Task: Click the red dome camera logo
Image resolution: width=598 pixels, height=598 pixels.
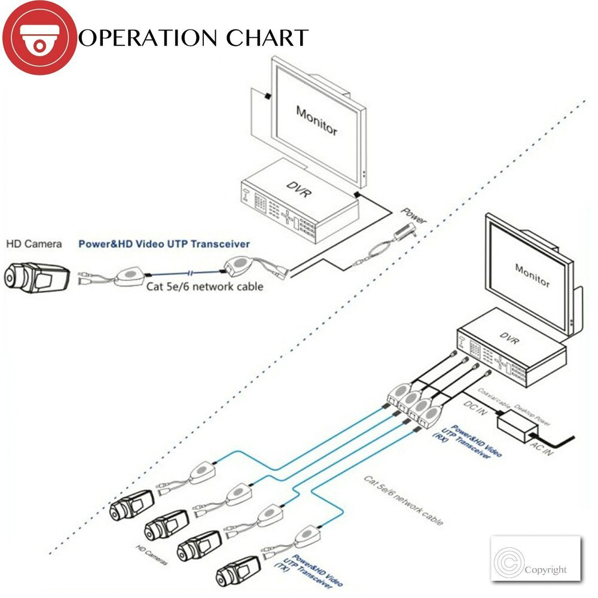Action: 39,38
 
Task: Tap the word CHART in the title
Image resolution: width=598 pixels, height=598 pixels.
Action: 267,38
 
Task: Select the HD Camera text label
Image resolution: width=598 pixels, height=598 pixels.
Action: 34,244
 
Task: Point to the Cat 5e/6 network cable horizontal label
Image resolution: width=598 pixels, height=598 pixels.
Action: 205,286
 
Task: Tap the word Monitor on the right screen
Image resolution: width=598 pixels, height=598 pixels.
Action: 532,274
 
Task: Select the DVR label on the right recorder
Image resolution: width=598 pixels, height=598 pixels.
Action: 510,341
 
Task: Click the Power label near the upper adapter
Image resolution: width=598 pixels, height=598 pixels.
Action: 413,215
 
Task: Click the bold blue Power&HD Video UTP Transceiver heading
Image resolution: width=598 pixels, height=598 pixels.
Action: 164,244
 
